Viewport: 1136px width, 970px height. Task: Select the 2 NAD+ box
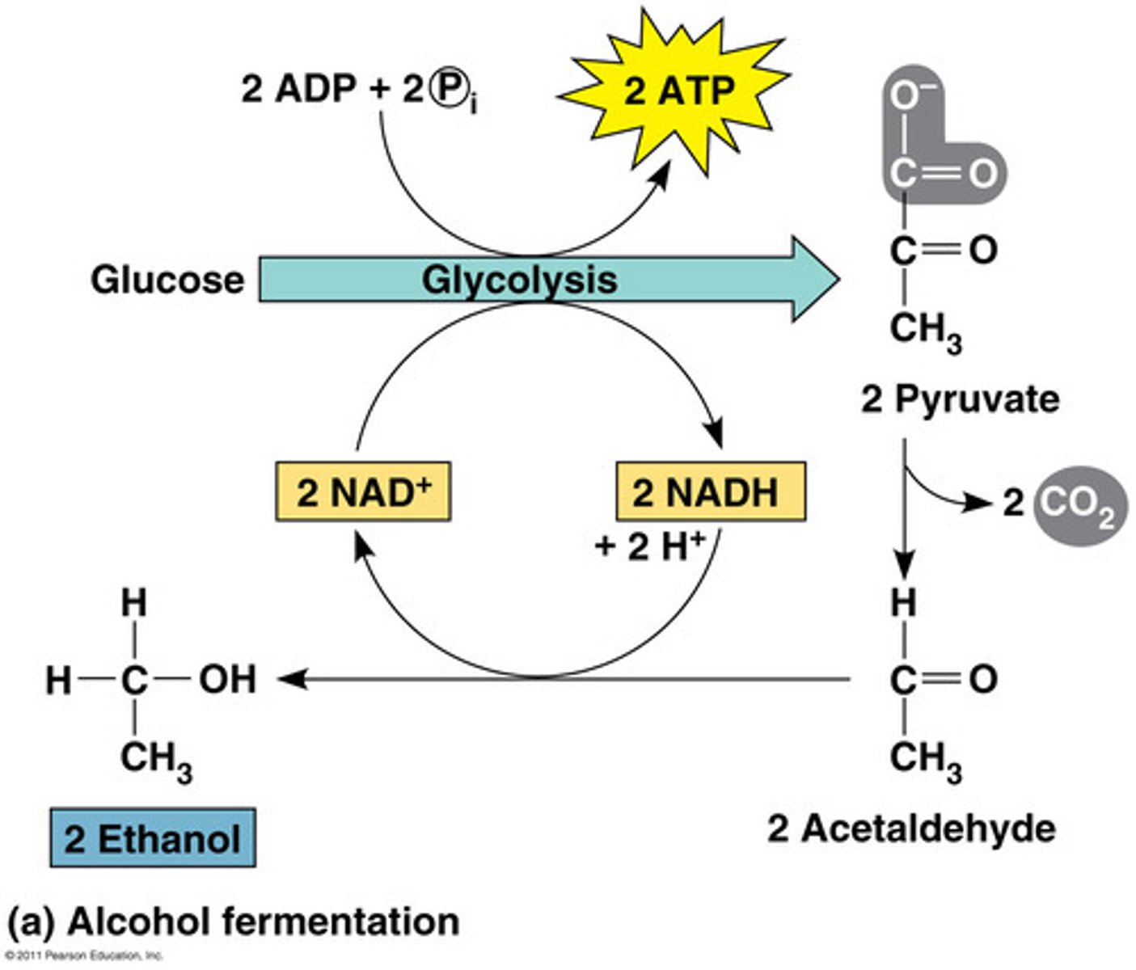point(363,491)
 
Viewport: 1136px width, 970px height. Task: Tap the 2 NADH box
point(710,491)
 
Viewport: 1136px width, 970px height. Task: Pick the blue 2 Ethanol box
point(153,838)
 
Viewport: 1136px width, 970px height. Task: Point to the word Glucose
point(167,280)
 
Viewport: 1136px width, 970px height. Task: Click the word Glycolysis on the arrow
point(519,280)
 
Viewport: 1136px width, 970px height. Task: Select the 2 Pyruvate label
point(960,399)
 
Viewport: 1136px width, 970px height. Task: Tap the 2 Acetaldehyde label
point(911,829)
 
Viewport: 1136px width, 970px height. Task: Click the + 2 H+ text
point(650,546)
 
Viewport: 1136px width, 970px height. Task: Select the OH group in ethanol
point(227,679)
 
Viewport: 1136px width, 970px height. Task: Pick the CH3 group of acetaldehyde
point(925,761)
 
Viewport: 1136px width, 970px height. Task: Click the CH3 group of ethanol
point(156,761)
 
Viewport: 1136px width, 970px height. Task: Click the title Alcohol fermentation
point(234,921)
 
